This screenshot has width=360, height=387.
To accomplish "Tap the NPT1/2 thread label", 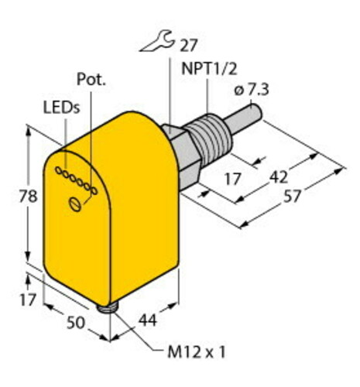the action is [209, 69].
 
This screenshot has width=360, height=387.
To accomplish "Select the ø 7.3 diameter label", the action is [252, 91].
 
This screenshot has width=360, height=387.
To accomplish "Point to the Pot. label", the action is [91, 80].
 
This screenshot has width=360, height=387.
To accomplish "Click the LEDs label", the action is [61, 108].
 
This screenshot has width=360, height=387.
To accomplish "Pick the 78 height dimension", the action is [28, 196].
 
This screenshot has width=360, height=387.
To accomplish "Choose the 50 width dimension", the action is [76, 323].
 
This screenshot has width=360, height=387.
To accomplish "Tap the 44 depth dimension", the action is [148, 320].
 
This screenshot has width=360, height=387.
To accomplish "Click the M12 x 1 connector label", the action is [197, 352].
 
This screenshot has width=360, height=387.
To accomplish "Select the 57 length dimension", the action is [293, 196].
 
